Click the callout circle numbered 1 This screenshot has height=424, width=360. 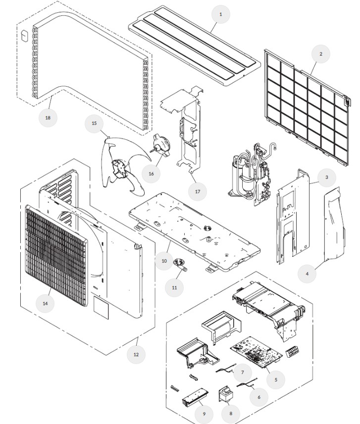pos(220,14)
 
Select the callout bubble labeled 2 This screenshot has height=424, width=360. pos(321,53)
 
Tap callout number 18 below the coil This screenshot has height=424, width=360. pos(48,117)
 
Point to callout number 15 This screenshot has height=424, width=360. pos(94,123)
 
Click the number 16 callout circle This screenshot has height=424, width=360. pos(151,173)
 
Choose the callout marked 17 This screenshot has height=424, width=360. pos(197,191)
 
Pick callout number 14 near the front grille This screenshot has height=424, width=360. pos(45,304)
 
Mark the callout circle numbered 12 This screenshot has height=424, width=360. pos(136,354)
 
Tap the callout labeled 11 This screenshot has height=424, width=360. pos(174,287)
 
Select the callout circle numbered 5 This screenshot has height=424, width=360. pos(276,379)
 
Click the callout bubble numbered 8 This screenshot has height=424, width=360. pos(230,413)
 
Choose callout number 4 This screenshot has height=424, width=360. pos(307,273)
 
